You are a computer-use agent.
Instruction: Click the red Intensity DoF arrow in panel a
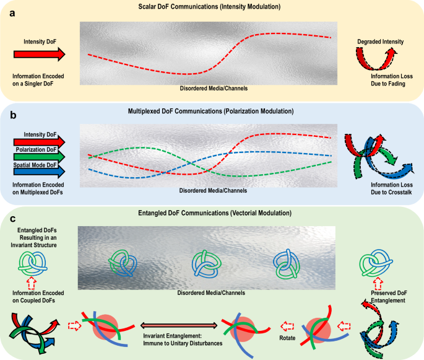[x=38, y=55]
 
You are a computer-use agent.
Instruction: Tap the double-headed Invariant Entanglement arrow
[x=179, y=325]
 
